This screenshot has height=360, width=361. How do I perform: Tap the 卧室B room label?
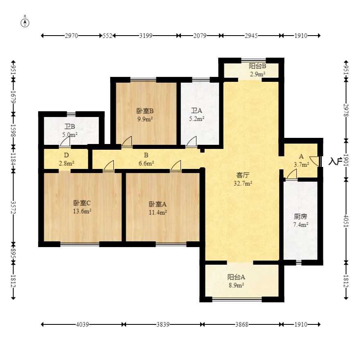(x=145, y=111)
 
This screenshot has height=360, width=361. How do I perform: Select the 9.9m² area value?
(x=145, y=119)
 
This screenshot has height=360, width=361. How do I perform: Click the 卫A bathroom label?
(x=196, y=110)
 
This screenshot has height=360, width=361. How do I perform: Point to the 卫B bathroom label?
(x=70, y=126)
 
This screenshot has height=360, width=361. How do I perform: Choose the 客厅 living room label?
(x=243, y=175)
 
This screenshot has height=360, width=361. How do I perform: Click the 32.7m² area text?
(x=243, y=183)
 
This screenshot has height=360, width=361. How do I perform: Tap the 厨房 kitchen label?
(x=300, y=216)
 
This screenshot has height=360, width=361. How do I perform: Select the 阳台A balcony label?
(x=236, y=277)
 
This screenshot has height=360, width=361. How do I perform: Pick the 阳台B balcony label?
(x=257, y=66)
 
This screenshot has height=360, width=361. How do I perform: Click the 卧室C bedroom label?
(x=82, y=203)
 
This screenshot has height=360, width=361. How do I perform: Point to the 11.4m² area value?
(x=158, y=212)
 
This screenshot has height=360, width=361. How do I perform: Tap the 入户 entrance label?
(x=335, y=161)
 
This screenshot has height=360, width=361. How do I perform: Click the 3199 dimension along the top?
(x=146, y=36)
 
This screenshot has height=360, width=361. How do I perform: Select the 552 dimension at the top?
(x=107, y=36)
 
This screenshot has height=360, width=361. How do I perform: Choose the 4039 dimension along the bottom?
(x=82, y=324)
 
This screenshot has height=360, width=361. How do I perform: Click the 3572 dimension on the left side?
(x=14, y=207)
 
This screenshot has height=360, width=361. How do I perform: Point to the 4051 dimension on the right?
(x=346, y=221)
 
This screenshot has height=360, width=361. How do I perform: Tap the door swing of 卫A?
(x=191, y=141)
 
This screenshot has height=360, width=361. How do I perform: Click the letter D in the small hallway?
(x=66, y=155)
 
